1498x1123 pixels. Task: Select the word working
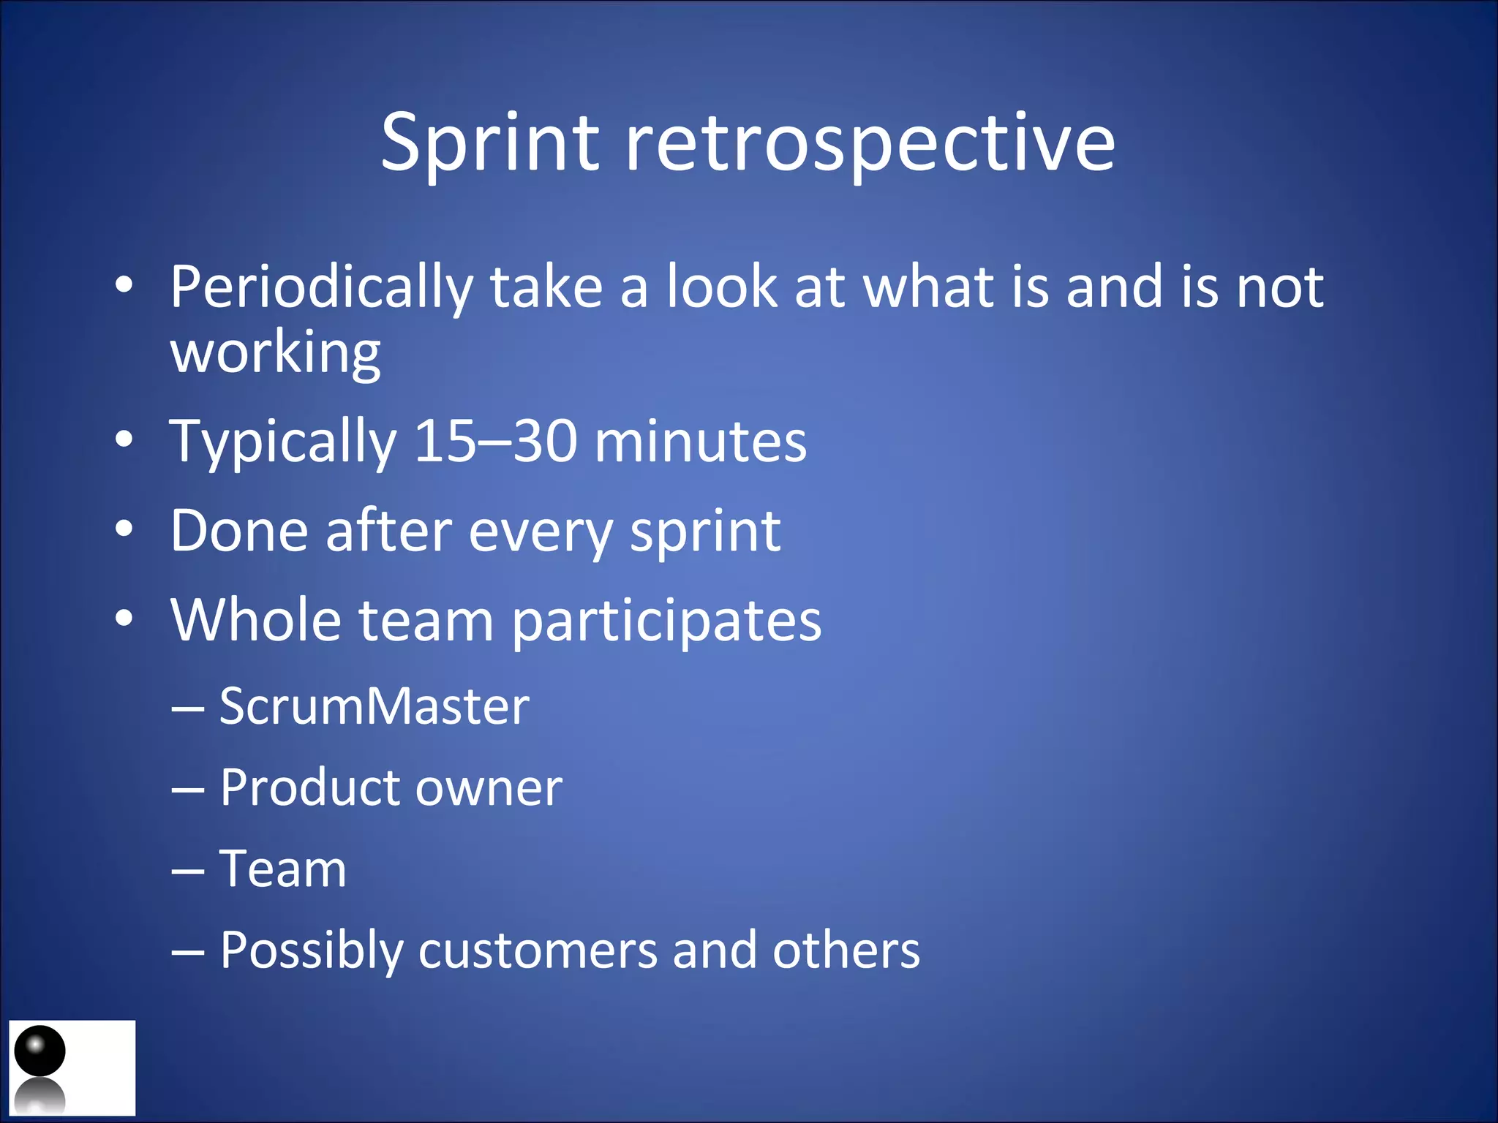coord(275,353)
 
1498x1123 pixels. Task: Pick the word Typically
coord(282,442)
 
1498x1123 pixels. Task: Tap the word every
coord(540,532)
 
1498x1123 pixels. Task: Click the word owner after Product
coord(489,787)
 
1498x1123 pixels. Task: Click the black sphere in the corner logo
coord(39,1050)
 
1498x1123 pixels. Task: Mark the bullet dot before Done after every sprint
coord(124,529)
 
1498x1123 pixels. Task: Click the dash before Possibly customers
coord(187,953)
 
